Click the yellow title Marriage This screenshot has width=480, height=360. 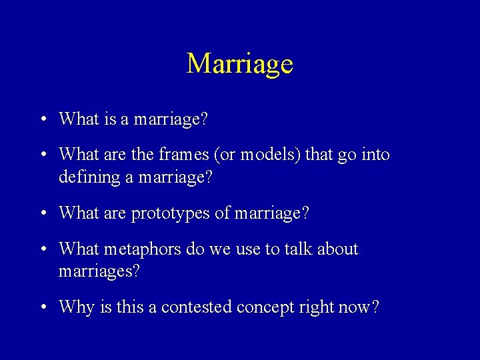[240, 64]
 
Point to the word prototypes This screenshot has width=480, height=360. [169, 214]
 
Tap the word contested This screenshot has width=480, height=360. [193, 307]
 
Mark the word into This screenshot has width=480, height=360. [377, 155]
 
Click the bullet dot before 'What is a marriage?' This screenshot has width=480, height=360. [43, 121]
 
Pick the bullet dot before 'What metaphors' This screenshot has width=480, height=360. [43, 250]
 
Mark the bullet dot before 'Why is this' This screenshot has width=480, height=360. [43, 308]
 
